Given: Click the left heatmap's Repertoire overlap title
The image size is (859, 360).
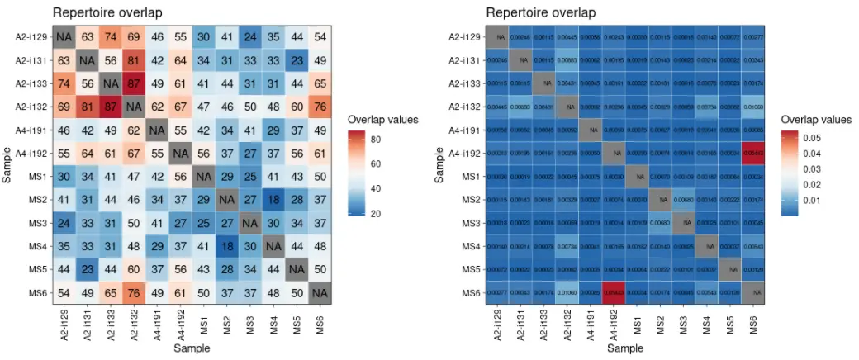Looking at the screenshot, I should pyautogui.click(x=107, y=12).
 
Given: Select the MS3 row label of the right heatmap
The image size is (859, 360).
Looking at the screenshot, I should pyautogui.click(x=470, y=222).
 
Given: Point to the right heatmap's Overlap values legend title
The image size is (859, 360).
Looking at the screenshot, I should pyautogui.click(x=816, y=119).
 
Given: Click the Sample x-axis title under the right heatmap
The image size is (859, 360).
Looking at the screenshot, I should pyautogui.click(x=626, y=349).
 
